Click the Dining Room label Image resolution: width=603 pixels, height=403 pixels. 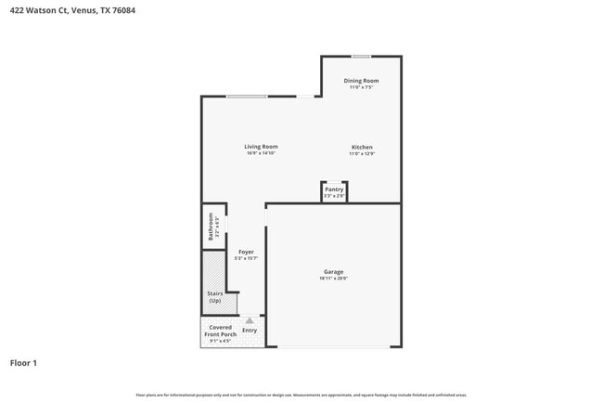pyautogui.click(x=361, y=81)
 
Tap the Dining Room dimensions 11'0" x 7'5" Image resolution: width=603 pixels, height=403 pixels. pyautogui.click(x=361, y=87)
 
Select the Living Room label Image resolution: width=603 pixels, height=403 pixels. pyautogui.click(x=261, y=147)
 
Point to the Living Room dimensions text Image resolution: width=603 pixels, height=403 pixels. pyautogui.click(x=261, y=153)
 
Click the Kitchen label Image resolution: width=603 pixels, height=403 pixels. pyautogui.click(x=362, y=148)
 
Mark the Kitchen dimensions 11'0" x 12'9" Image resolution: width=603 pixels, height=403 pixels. pyautogui.click(x=362, y=154)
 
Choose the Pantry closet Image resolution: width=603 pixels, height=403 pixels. pyautogui.click(x=334, y=192)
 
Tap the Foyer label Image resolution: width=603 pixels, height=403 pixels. pyautogui.click(x=246, y=252)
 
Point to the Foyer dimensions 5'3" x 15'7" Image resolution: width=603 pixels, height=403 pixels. pyautogui.click(x=246, y=258)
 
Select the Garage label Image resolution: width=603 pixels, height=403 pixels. pyautogui.click(x=333, y=272)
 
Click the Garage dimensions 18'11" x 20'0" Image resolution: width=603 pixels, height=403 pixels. pyautogui.click(x=333, y=279)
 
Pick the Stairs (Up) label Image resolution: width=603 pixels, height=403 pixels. pyautogui.click(x=215, y=297)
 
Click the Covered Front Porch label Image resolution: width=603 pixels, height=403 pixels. pyautogui.click(x=220, y=331)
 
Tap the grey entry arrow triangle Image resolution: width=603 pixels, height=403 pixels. pyautogui.click(x=249, y=320)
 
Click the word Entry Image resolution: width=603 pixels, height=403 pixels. pyautogui.click(x=250, y=331)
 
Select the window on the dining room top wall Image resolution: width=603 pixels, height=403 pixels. pyautogui.click(x=361, y=57)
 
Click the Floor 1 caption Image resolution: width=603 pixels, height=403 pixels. pyautogui.click(x=23, y=363)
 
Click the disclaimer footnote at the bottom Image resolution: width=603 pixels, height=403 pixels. pyautogui.click(x=301, y=395)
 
